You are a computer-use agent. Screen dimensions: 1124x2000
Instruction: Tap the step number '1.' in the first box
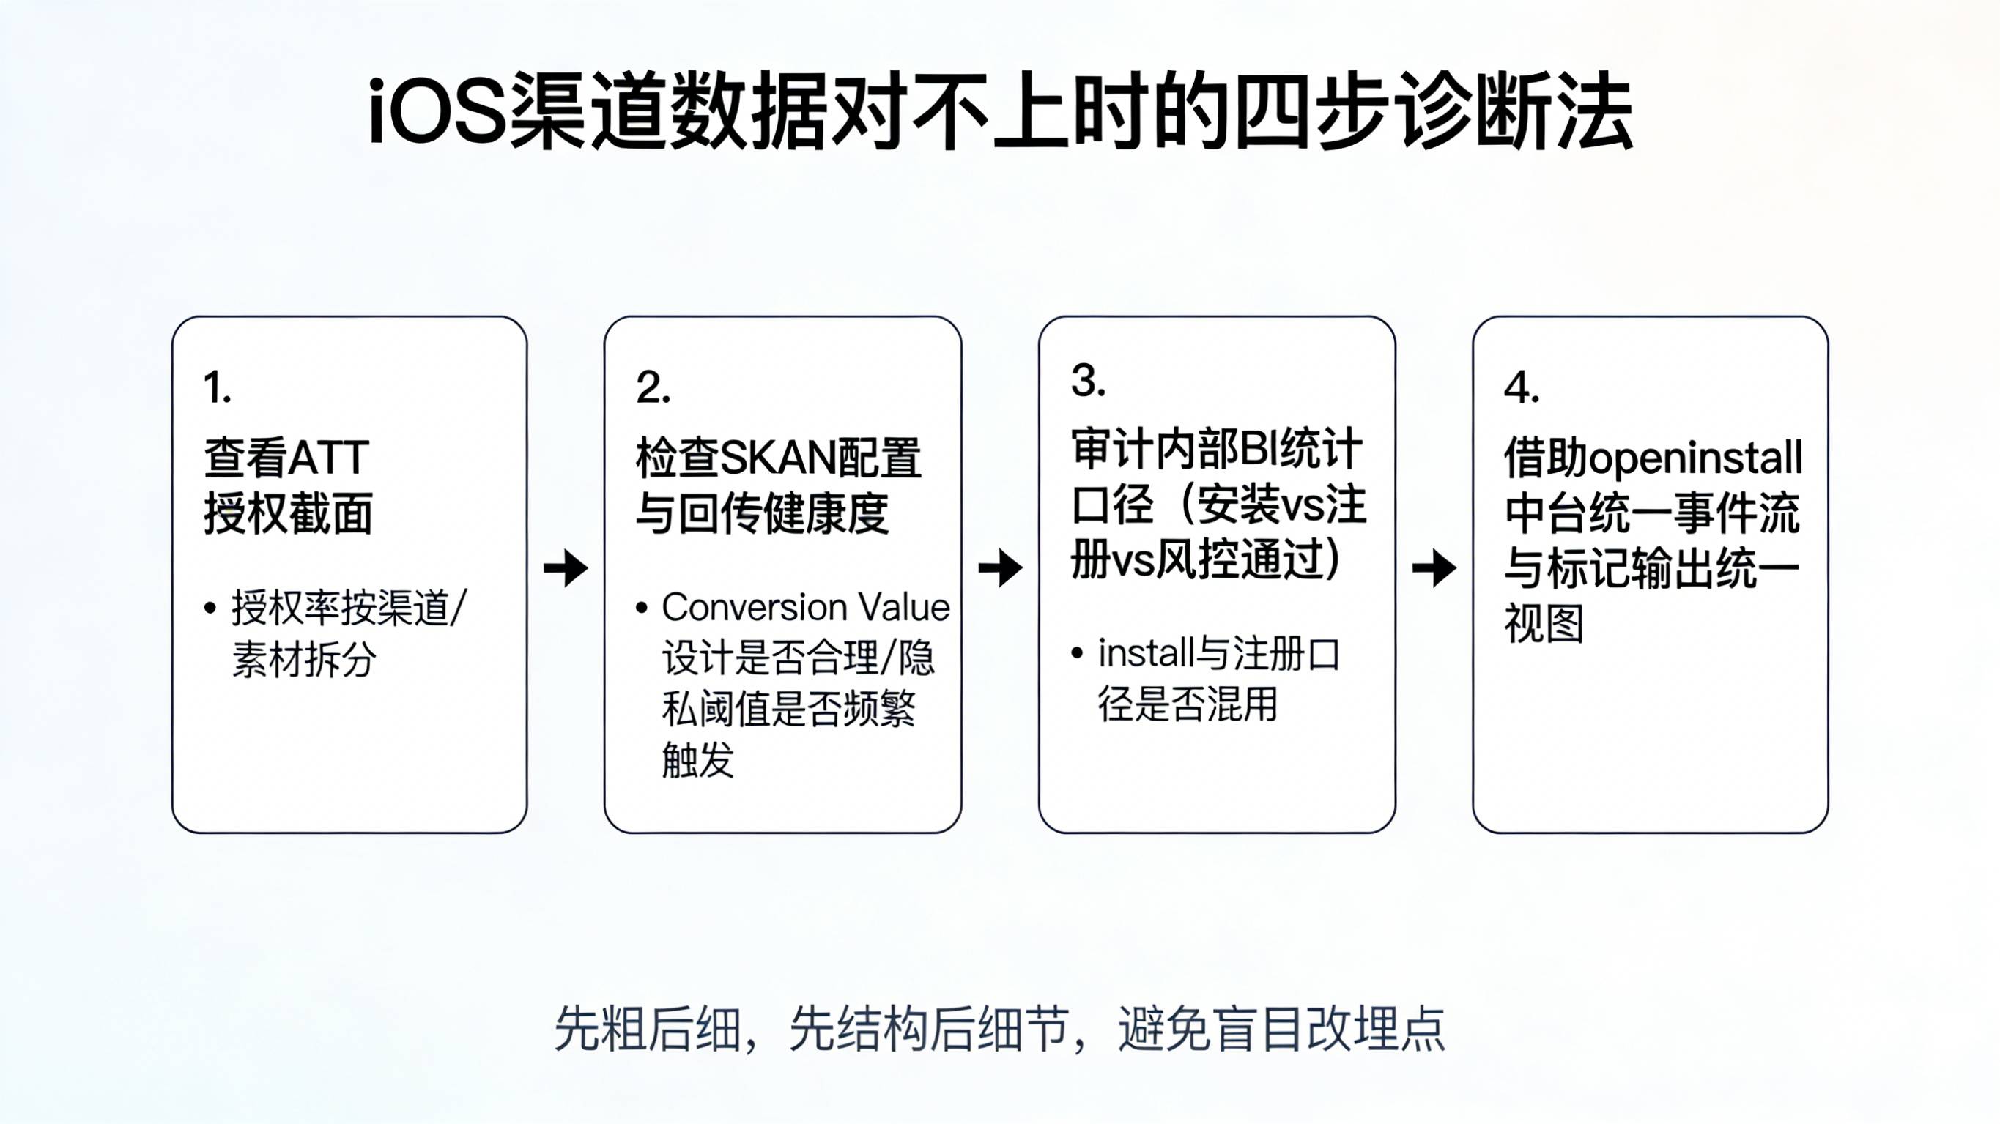(x=218, y=387)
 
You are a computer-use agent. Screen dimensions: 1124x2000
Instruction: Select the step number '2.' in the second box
(x=652, y=387)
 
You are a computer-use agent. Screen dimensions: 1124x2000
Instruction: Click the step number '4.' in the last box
(x=1521, y=387)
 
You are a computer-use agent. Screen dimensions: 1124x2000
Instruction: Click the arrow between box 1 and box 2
(x=566, y=567)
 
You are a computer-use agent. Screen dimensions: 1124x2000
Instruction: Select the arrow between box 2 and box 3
(x=1000, y=567)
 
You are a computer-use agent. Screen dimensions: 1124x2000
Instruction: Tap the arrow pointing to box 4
(x=1434, y=567)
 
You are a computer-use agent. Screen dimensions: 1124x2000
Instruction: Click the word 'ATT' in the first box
(x=328, y=458)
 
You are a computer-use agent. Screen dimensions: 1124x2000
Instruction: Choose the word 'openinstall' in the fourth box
(x=1696, y=458)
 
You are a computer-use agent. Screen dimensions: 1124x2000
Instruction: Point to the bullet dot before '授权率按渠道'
(x=210, y=608)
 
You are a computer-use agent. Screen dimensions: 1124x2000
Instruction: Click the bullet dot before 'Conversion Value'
(x=641, y=608)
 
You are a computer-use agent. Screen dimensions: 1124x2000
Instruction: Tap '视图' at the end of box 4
(x=1544, y=624)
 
